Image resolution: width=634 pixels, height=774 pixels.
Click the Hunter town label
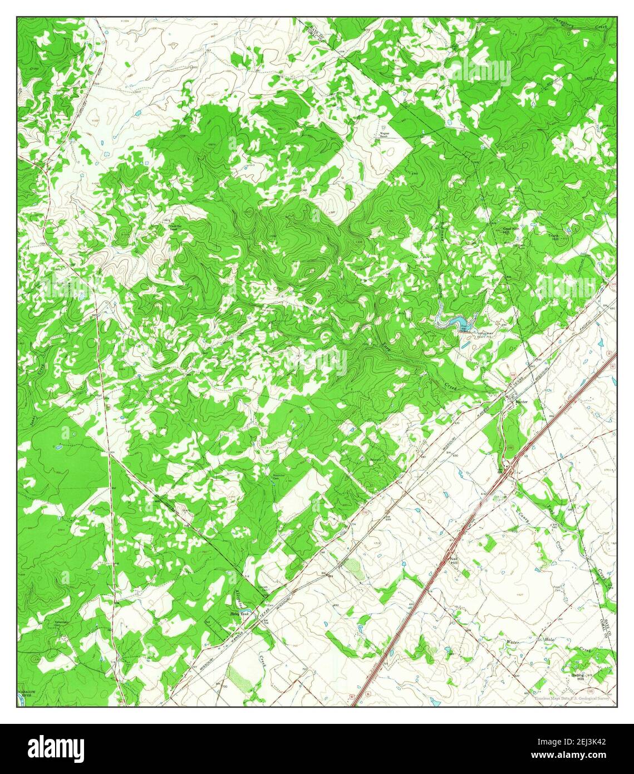tap(521, 401)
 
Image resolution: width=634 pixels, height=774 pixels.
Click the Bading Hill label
tap(577, 678)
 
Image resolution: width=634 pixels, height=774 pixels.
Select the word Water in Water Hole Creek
tap(512, 643)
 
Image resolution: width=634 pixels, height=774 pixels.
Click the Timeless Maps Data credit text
tap(573, 698)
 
